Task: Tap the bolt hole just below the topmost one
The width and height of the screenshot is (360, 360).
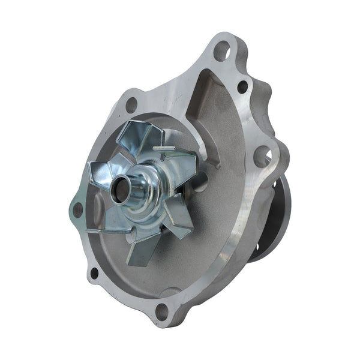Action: point(242,87)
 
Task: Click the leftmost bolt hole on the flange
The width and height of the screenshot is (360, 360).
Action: point(77,209)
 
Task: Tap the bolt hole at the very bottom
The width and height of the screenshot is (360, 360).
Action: point(162,310)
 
